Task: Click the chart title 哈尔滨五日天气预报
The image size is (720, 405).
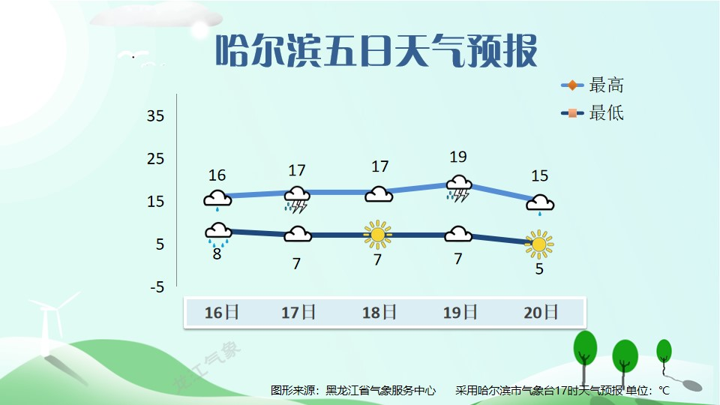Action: point(376,50)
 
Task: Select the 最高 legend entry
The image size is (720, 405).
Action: point(592,85)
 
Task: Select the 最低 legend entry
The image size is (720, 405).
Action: point(592,113)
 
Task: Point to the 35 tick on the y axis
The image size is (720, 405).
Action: point(155,115)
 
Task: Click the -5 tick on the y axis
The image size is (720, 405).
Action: point(157,287)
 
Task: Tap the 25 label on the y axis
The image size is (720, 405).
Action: point(155,159)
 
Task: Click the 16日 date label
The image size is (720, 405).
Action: point(221,313)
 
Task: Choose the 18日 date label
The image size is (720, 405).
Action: point(379,313)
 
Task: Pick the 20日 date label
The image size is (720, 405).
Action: point(541,313)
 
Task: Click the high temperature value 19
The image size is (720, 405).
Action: point(458,157)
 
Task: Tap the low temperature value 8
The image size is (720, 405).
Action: point(217,254)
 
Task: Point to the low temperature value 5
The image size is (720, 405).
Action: point(539,268)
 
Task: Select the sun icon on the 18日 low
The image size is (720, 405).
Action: point(377,235)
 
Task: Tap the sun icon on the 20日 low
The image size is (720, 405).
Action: point(539,244)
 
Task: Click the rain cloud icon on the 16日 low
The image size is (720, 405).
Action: point(218,234)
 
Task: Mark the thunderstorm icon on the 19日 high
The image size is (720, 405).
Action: point(459,189)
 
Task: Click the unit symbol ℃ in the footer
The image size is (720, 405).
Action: point(664,391)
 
